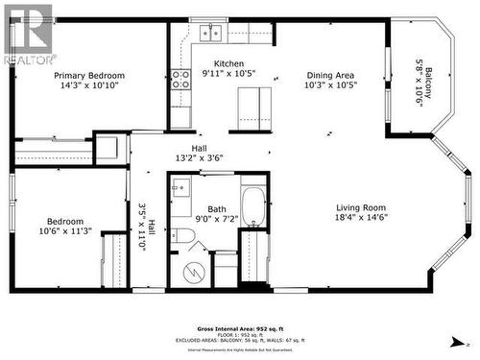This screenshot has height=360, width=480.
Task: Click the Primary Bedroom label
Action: tap(89, 76)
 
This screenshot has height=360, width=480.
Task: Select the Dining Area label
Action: tap(331, 76)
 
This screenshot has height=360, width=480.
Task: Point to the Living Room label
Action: tap(361, 207)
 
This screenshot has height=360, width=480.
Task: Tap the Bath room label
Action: tap(216, 208)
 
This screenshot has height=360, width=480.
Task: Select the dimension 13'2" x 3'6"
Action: tap(199, 158)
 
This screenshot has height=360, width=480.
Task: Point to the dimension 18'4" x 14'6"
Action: tap(361, 218)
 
